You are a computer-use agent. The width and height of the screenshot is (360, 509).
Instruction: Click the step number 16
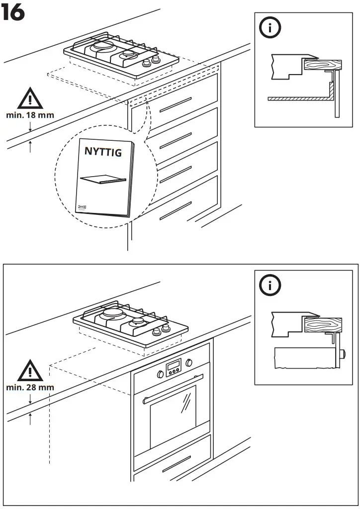point(13,13)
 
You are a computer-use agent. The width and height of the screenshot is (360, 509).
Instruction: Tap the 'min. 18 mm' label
point(30,115)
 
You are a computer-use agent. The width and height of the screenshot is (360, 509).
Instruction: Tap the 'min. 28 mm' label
point(30,387)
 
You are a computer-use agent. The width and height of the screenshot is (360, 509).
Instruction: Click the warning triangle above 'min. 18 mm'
point(30,99)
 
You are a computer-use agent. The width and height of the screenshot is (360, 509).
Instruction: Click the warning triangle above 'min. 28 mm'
point(30,370)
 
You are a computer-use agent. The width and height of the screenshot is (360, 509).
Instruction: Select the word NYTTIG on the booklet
point(102,152)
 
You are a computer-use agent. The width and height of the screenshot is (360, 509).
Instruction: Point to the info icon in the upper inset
point(270,28)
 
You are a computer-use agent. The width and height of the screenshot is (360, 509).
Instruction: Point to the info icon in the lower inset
point(270,286)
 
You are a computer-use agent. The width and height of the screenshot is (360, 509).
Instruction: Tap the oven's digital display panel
point(174,368)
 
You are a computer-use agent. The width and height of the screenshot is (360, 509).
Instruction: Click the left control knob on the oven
point(161,374)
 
